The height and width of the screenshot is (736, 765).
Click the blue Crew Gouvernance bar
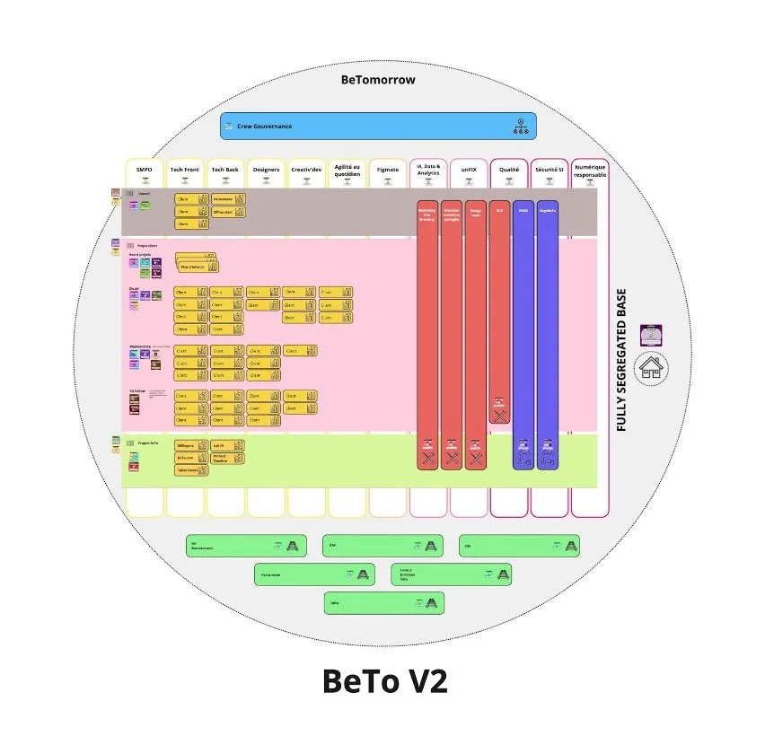tap(378, 126)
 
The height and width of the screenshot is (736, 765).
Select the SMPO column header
tap(144, 170)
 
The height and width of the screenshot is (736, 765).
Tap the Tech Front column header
tap(184, 170)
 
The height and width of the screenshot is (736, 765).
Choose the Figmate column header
tap(387, 170)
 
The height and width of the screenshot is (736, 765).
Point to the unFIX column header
tap(468, 170)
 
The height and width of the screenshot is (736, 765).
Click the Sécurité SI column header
tap(549, 170)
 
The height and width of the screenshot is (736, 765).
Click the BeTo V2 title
tap(384, 681)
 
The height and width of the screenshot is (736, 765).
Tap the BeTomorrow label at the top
tap(378, 80)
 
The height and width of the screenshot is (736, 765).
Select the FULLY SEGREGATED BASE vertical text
tap(621, 359)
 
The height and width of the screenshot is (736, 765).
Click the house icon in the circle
tap(651, 368)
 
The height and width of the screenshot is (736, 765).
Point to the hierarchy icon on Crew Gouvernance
tap(520, 127)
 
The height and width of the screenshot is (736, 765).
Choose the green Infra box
tap(383, 603)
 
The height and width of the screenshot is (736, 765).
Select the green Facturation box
tap(313, 574)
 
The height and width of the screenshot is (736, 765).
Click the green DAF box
tap(382, 545)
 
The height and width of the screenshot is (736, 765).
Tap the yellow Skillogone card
tap(191, 445)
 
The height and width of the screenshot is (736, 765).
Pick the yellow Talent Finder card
tap(191, 469)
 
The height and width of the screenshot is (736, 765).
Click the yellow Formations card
tap(228, 198)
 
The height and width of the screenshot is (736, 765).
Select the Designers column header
tap(266, 170)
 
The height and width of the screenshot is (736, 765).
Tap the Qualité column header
tap(508, 170)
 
